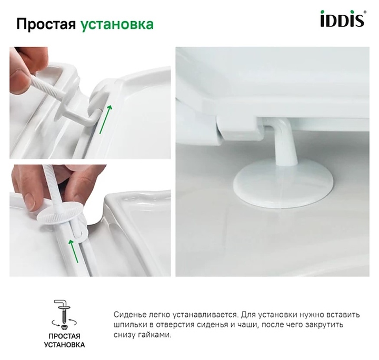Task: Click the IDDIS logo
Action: [x=342, y=18]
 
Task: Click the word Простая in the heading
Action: [x=46, y=25]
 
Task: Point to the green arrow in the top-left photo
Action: [x=106, y=119]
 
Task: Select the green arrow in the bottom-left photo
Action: [x=73, y=251]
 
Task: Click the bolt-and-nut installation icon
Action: [x=64, y=314]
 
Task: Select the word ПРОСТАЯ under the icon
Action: [x=64, y=336]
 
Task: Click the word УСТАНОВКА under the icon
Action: [x=64, y=345]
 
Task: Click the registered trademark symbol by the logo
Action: [x=365, y=12]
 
